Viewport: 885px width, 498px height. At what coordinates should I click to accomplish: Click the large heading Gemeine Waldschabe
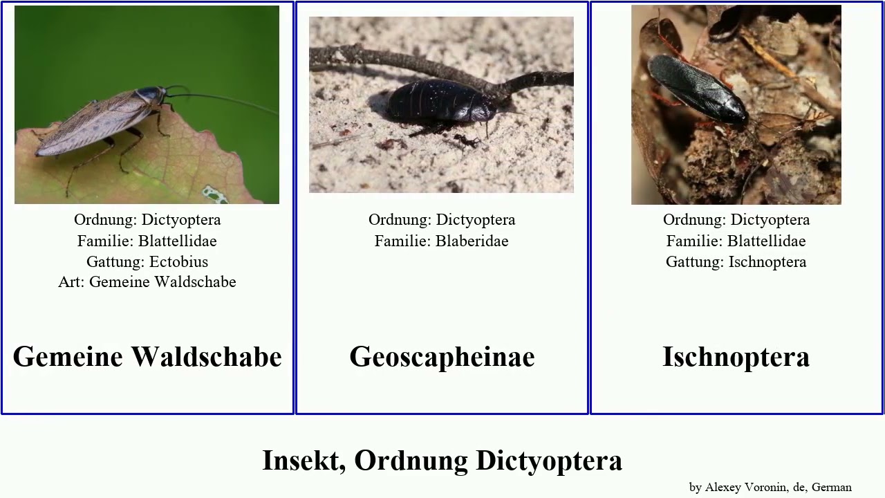(147, 357)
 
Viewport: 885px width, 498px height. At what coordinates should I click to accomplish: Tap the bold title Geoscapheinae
(442, 357)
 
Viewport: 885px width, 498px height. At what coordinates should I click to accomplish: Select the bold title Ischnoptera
(736, 357)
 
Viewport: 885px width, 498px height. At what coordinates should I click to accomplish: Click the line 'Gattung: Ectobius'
(147, 261)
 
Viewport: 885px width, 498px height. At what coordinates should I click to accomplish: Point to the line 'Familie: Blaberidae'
(442, 241)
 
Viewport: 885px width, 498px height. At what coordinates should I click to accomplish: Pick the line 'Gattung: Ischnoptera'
(736, 261)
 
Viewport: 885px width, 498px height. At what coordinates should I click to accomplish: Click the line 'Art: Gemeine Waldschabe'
(147, 282)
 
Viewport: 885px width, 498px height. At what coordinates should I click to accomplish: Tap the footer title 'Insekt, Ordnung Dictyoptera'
(442, 461)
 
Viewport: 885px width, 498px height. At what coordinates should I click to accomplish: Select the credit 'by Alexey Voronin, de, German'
(770, 487)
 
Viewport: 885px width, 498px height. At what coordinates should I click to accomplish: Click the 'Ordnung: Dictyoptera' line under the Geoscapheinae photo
(442, 220)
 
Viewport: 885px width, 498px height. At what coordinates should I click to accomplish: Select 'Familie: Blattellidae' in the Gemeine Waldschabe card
(147, 241)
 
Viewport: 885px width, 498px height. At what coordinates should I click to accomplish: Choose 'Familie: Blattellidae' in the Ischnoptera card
(736, 241)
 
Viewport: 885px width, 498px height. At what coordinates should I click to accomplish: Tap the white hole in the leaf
(215, 194)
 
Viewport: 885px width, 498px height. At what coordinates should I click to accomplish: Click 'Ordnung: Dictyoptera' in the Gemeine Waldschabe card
(147, 220)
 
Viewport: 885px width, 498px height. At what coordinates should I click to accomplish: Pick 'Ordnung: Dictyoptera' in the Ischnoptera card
(736, 220)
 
